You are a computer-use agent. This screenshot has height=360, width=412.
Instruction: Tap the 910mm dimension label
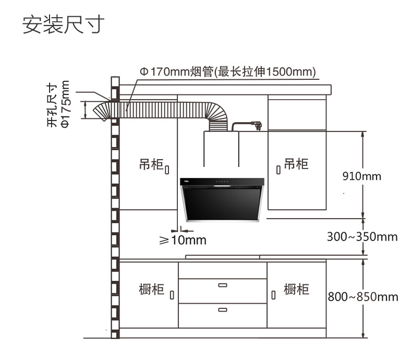tap(361, 176)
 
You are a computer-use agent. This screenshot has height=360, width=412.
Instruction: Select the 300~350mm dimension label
tap(362, 237)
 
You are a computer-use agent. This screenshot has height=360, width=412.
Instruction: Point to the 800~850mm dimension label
tap(363, 297)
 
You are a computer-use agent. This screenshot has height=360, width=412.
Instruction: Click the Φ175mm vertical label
tap(65, 104)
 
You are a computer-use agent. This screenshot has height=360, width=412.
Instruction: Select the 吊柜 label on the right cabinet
tap(296, 164)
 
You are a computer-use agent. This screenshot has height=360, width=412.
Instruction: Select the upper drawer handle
tap(223, 285)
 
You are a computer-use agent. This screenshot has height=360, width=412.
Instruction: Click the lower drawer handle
tap(223, 309)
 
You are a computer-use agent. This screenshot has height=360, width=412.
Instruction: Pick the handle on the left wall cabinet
tap(167, 170)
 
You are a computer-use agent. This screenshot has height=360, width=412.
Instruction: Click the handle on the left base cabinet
tap(172, 295)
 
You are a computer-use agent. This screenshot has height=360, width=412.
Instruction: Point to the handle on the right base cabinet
tap(273, 295)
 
